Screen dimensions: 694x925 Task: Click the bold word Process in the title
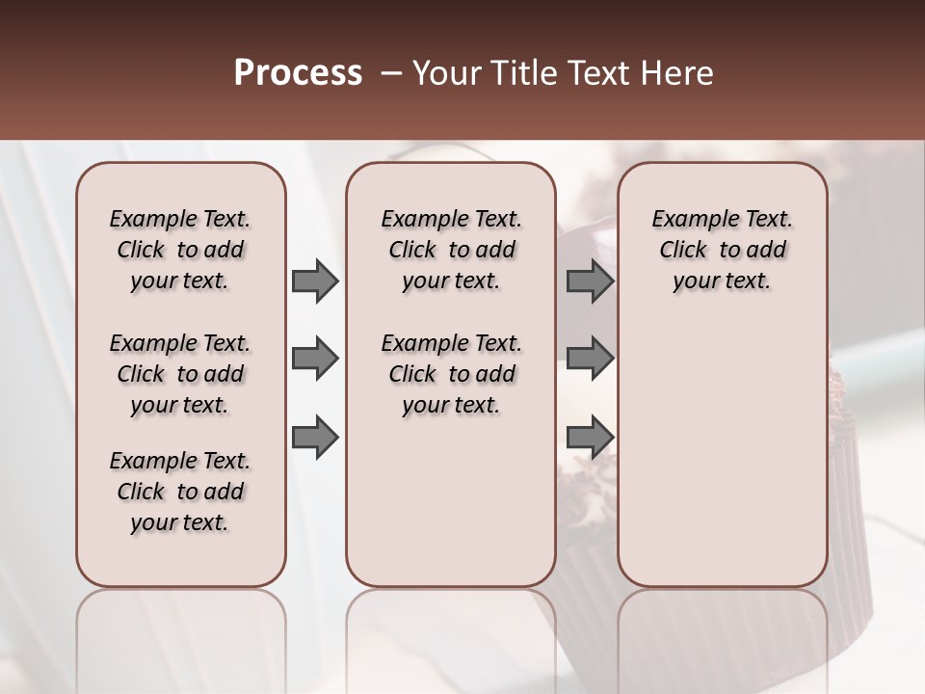(x=297, y=73)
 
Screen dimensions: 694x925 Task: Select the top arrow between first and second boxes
(x=315, y=281)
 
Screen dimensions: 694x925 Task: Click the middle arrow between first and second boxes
(x=315, y=360)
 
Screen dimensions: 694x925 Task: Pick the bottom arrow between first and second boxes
(x=315, y=438)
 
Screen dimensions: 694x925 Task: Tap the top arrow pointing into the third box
(x=590, y=281)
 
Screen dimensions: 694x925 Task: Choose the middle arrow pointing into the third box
(x=590, y=360)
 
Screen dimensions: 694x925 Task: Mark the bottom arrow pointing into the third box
(x=590, y=438)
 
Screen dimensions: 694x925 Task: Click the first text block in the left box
(x=180, y=250)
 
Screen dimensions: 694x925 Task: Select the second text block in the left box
(x=180, y=374)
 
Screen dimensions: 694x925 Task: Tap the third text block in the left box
(x=180, y=492)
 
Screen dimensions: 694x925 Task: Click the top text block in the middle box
(x=451, y=250)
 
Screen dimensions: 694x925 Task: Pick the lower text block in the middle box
(x=451, y=374)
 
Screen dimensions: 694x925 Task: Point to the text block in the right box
(x=722, y=250)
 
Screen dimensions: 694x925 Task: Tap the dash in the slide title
(x=391, y=73)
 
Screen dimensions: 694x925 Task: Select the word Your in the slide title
(x=446, y=73)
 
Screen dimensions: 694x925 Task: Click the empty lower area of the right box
(x=722, y=443)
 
